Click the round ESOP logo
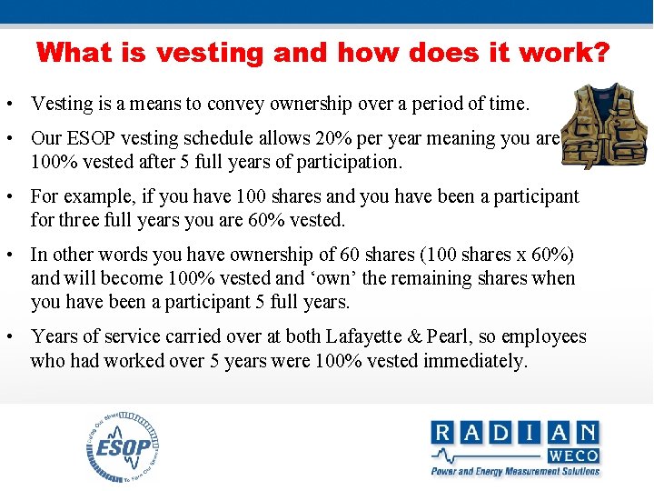123,446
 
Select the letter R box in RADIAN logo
443,432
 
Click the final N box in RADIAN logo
587,432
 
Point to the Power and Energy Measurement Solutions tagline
515,472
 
